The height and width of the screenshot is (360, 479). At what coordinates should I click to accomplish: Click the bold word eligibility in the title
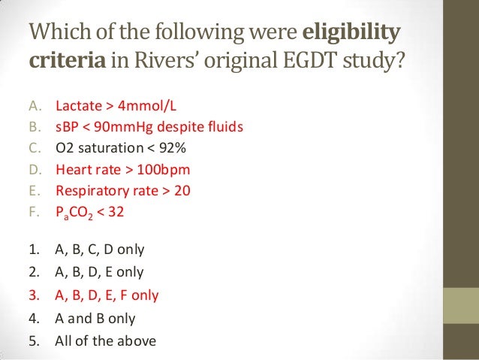351,35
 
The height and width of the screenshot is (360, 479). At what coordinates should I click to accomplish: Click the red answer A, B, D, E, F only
107,295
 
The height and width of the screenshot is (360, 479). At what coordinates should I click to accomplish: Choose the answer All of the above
105,340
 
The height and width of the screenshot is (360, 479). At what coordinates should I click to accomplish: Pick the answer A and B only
95,318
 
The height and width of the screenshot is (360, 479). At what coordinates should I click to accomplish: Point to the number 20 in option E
183,190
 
